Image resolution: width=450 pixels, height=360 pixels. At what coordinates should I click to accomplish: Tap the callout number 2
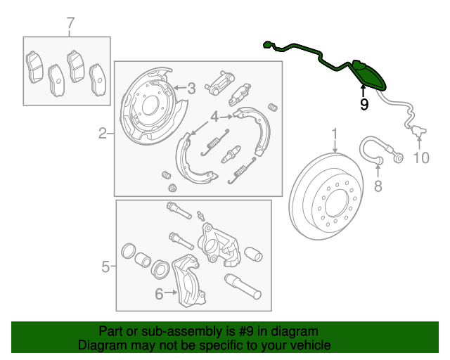click(103, 133)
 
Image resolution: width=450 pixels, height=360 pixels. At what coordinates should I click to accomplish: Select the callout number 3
click(191, 89)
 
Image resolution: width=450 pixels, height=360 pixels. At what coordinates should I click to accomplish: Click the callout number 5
click(105, 266)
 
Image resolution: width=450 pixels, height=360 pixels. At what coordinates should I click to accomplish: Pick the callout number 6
click(159, 294)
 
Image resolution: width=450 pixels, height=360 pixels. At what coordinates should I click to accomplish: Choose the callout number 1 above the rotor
click(335, 134)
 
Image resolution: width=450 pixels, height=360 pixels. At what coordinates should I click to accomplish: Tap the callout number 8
click(377, 186)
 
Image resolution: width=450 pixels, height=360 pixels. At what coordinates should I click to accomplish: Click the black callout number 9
click(364, 105)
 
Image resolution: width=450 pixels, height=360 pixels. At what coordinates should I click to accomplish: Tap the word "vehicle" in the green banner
click(309, 345)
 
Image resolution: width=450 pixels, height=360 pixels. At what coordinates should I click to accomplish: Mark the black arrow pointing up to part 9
click(364, 90)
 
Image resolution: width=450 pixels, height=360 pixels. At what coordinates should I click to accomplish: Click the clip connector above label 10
click(420, 131)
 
